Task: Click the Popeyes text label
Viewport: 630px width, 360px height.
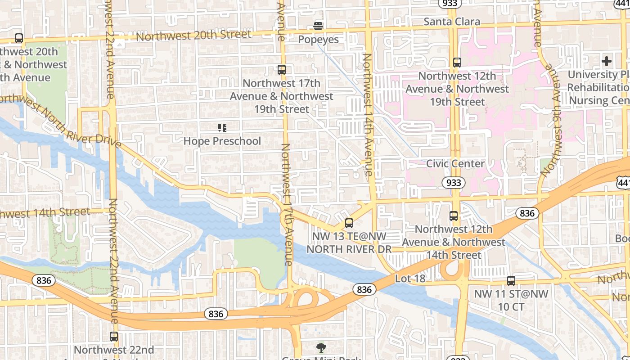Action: (318, 40)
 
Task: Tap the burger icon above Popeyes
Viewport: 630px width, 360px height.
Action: (318, 26)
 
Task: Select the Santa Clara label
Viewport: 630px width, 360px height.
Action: (452, 22)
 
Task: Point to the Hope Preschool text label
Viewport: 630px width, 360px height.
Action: (222, 141)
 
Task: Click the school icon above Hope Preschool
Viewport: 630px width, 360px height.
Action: (222, 128)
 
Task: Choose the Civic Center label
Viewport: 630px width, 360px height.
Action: (455, 164)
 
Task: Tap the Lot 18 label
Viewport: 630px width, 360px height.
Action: (410, 279)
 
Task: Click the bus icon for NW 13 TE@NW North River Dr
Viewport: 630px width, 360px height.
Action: (349, 223)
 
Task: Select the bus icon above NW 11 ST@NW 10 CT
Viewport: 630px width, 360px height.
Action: (511, 281)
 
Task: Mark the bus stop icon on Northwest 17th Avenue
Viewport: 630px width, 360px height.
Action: (282, 70)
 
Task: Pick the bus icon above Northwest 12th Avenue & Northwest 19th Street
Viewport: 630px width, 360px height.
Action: (457, 63)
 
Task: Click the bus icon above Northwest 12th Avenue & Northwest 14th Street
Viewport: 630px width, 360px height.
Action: (454, 216)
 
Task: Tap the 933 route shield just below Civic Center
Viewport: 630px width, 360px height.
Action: (453, 183)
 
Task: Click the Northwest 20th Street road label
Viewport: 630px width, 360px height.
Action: (193, 35)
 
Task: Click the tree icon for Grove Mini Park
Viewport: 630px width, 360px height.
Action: (321, 347)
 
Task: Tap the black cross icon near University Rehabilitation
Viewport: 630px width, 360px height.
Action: (607, 61)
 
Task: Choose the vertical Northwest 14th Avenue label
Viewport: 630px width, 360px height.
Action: (368, 115)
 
